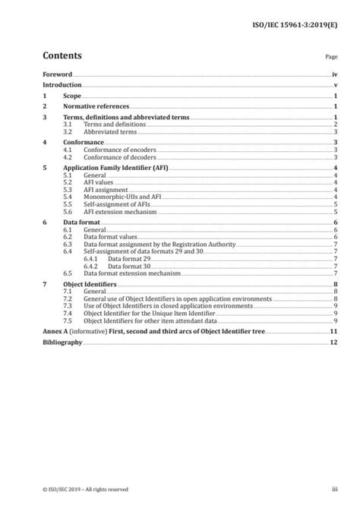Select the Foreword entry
click(58, 75)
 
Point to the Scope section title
click(73, 97)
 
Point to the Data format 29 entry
click(132, 258)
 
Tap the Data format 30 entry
click(132, 266)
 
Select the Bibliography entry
click(63, 342)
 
